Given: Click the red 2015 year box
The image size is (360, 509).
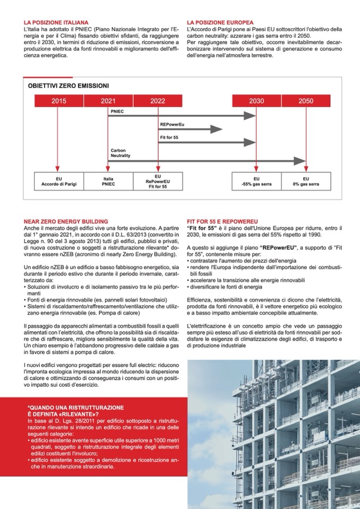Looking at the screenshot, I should click(59, 101).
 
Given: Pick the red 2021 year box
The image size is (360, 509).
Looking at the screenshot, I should click(107, 101).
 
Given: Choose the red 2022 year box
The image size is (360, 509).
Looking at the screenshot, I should click(158, 101).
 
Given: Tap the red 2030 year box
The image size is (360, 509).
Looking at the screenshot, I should click(256, 101).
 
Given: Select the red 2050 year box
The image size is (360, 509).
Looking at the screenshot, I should click(306, 101).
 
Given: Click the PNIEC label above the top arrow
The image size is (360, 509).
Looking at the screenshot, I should click(117, 112).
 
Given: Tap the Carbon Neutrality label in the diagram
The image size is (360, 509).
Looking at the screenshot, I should click(121, 153).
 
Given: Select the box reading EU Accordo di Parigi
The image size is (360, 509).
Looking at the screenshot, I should click(59, 182).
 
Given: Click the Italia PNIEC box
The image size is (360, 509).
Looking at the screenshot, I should click(108, 182).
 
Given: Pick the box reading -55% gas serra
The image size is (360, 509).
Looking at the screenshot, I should click(256, 182).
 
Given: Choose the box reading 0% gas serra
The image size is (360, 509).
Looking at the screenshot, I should click(306, 182).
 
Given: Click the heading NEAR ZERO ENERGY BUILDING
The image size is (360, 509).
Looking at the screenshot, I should click(66, 221).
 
